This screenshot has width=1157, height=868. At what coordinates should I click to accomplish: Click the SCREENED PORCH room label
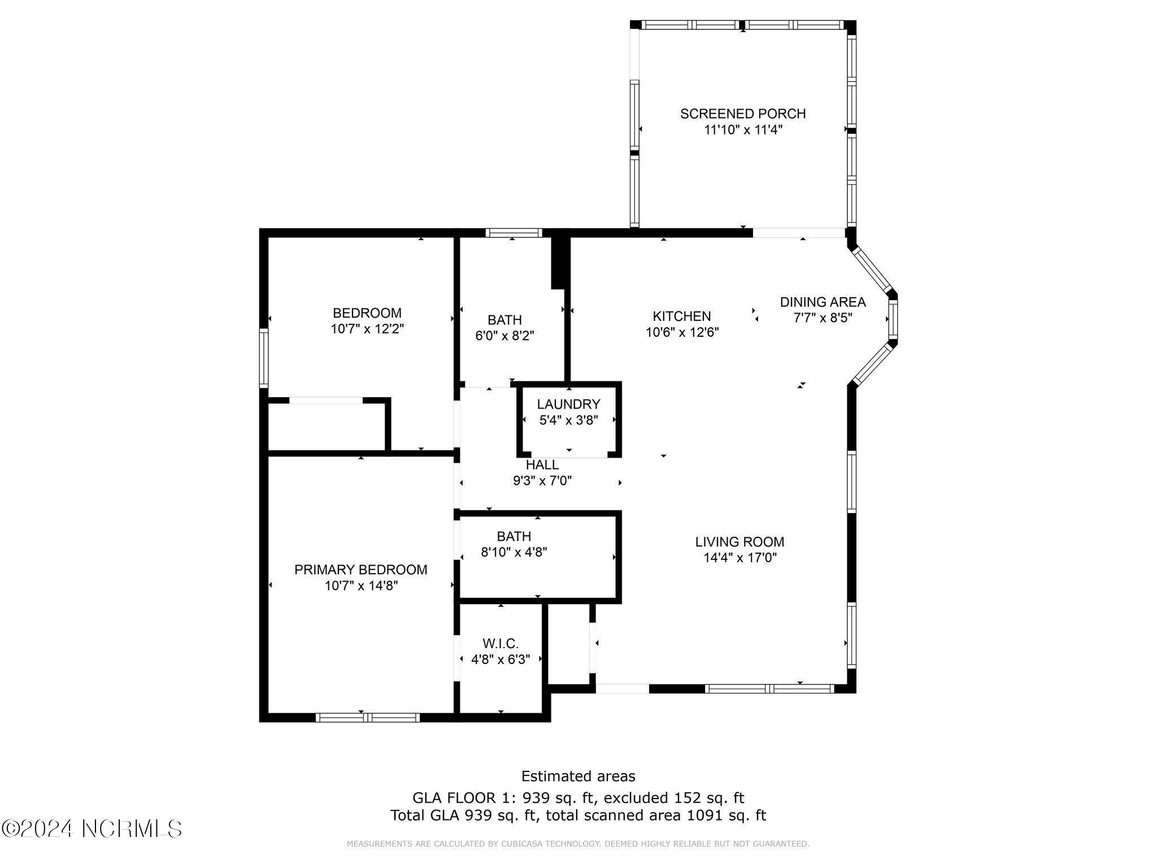[x=742, y=114]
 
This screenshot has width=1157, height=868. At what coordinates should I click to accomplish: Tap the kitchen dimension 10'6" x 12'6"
[x=682, y=332]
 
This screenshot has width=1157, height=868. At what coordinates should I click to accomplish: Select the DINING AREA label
[x=823, y=302]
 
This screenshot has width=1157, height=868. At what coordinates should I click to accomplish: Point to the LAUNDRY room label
[x=568, y=404]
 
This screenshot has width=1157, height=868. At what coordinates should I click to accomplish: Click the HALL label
[x=542, y=465]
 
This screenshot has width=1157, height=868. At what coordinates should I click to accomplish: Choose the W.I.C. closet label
[x=501, y=643]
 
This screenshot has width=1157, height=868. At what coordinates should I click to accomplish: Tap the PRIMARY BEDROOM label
[x=360, y=570]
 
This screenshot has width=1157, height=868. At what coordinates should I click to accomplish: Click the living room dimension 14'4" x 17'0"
[x=740, y=558]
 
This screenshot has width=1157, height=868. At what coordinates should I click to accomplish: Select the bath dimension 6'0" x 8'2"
[x=504, y=336]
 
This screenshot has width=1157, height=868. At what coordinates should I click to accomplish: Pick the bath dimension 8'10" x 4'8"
[x=514, y=552]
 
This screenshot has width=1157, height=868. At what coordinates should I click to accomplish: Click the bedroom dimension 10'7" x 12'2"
[x=367, y=329]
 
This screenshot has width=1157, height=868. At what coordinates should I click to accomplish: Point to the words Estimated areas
[x=578, y=776]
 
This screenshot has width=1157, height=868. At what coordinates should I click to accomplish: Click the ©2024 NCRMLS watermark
[x=92, y=828]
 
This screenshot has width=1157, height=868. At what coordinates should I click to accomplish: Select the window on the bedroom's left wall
[x=264, y=358]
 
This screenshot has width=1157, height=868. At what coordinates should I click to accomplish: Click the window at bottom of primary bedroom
[x=367, y=718]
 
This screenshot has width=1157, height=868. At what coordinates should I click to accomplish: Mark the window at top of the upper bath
[x=514, y=233]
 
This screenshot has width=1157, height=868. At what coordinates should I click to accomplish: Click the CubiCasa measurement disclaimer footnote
[x=578, y=844]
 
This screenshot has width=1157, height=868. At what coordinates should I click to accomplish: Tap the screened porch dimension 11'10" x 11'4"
[x=742, y=129]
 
